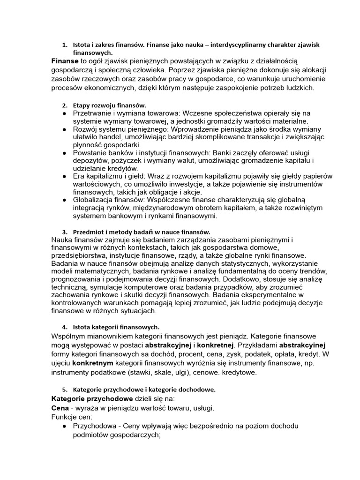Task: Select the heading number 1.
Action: tap(65, 45)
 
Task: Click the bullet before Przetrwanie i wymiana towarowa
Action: tap(64, 113)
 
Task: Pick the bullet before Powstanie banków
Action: tap(64, 153)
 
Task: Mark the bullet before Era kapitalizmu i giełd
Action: tap(64, 176)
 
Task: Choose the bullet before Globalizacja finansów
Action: tap(64, 200)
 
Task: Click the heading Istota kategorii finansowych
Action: tap(116, 326)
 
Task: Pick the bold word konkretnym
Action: tap(92, 363)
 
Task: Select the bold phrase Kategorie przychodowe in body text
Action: tap(92, 398)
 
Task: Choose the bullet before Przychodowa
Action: tap(64, 426)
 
